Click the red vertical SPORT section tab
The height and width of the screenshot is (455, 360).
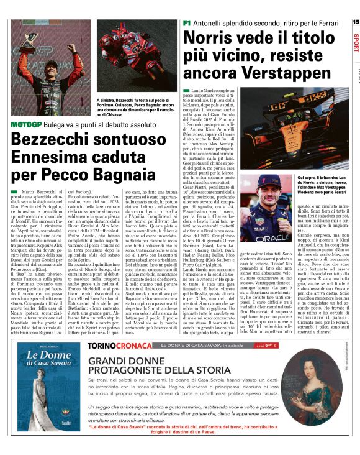click(355, 44)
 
